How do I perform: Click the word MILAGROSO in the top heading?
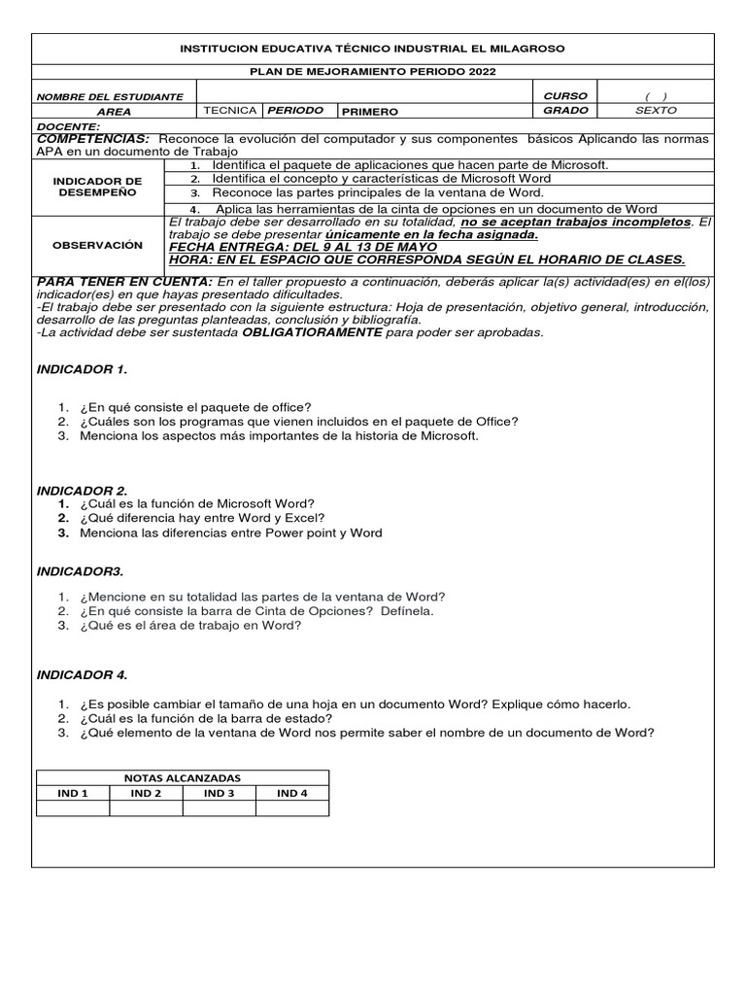[525, 49]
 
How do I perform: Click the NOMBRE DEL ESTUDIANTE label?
[110, 97]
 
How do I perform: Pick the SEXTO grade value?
[656, 111]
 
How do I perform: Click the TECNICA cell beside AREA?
[230, 111]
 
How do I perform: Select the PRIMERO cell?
[369, 112]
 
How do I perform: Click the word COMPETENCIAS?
[92, 139]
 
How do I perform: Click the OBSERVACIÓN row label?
[97, 245]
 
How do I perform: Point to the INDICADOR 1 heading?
[82, 370]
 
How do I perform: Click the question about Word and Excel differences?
[203, 518]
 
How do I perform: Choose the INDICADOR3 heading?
[80, 570]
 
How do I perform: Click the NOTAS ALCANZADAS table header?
[183, 778]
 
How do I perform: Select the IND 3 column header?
[219, 793]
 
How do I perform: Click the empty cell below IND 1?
[73, 808]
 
